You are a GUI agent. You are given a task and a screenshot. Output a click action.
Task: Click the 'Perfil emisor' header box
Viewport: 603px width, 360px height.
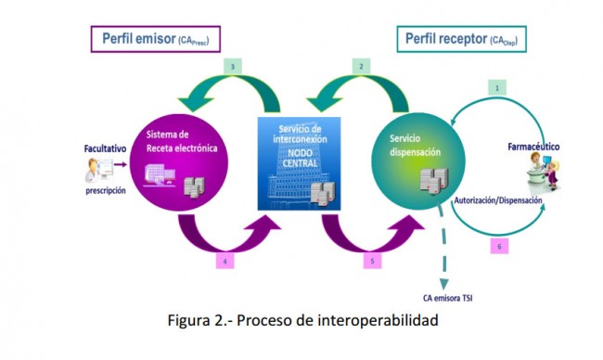click(x=155, y=39)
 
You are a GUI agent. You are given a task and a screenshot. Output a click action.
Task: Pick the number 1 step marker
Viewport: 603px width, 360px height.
click(x=497, y=87)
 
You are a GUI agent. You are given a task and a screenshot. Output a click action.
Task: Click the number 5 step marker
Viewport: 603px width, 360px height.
click(x=372, y=262)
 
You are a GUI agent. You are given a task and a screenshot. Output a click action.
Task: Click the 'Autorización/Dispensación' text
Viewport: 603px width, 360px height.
click(x=497, y=199)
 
